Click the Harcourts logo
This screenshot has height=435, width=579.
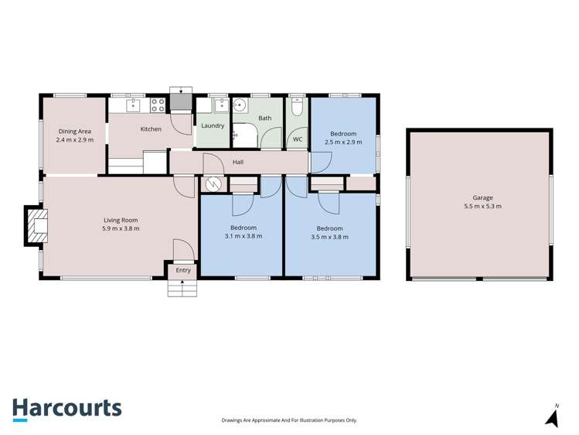(x=66, y=409)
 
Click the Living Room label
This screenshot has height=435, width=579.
(x=120, y=220)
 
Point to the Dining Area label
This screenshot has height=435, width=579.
(x=74, y=132)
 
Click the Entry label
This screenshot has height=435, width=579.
(x=183, y=270)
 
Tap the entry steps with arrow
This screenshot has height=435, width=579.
(x=182, y=286)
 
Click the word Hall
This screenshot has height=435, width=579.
(x=238, y=163)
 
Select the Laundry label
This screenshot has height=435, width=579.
(x=213, y=125)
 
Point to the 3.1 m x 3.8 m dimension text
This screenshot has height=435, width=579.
(x=243, y=236)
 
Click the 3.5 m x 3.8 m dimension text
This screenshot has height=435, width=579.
(x=329, y=237)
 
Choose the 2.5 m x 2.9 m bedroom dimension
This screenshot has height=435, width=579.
(x=343, y=142)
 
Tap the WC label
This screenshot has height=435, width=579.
(x=297, y=139)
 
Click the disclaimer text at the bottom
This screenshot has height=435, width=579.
(x=289, y=420)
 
